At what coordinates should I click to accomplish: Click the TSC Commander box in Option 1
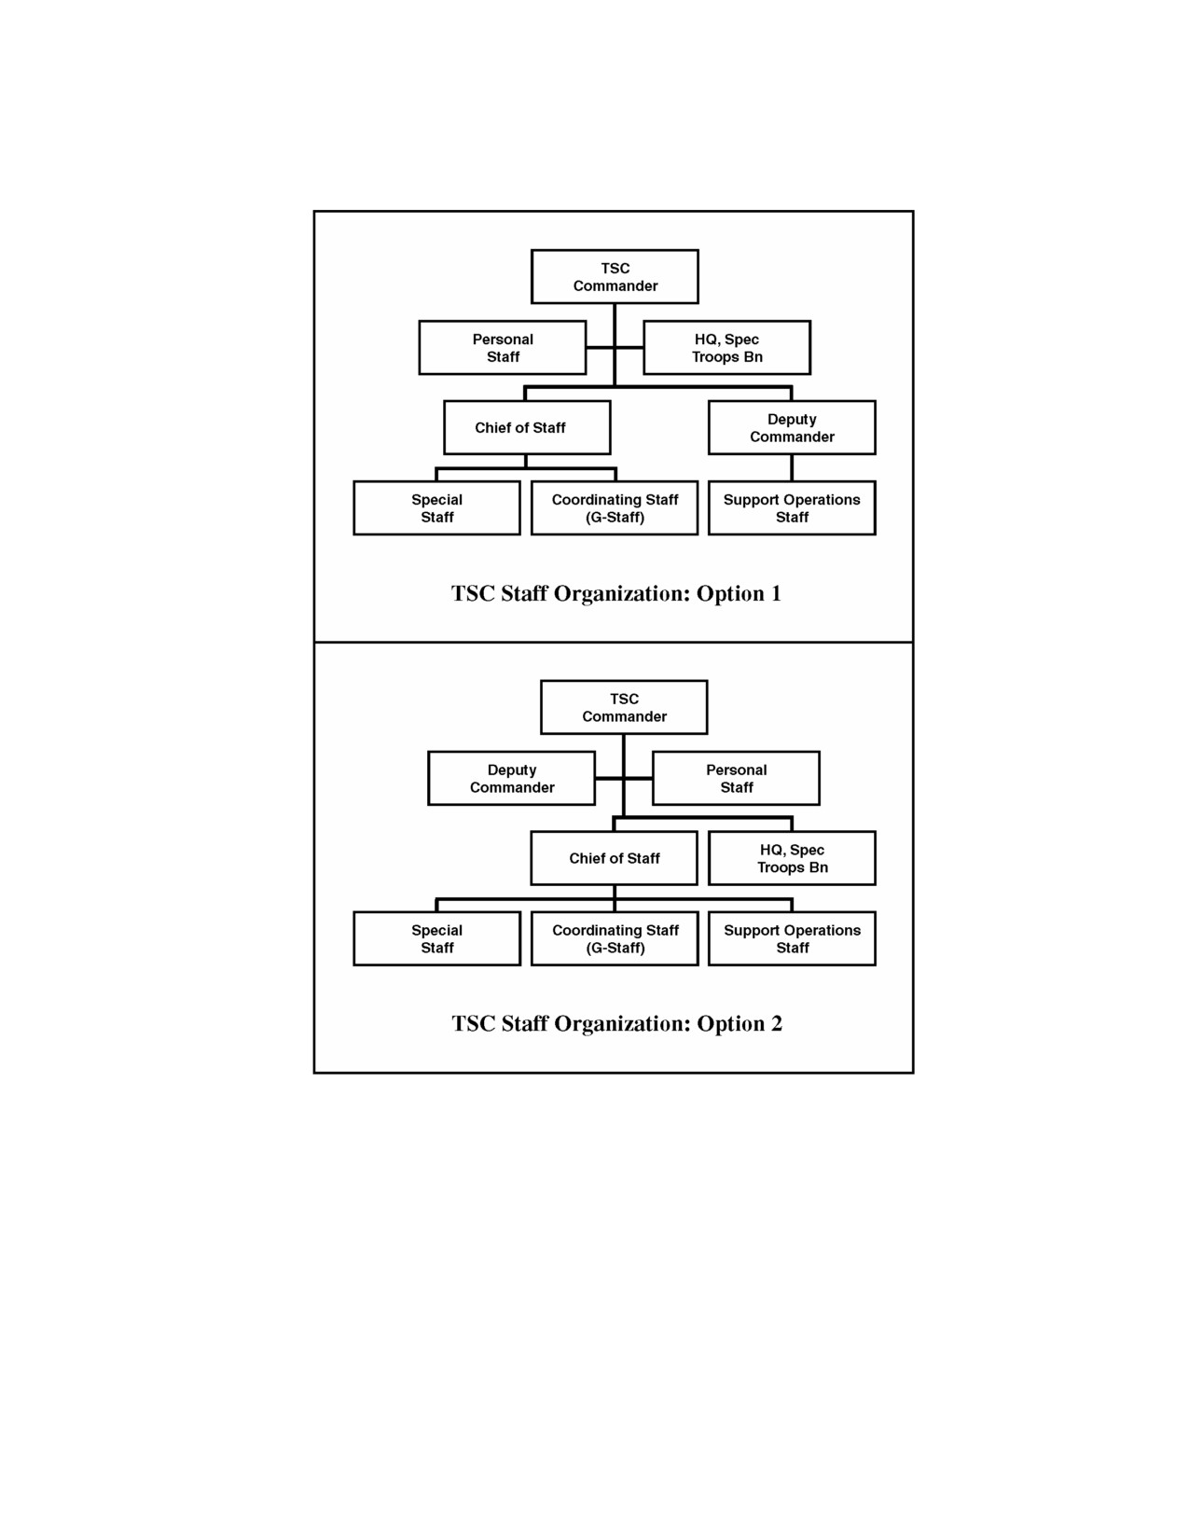coord(615,276)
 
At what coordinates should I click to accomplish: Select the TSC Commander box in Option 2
coord(624,707)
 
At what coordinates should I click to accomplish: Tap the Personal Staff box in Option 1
coord(503,347)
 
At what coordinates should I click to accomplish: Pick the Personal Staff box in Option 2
coord(736,778)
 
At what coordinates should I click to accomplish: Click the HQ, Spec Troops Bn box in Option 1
coord(727,347)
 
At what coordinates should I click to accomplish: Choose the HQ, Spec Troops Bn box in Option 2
coord(792,858)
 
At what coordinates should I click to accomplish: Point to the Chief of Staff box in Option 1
coord(528,427)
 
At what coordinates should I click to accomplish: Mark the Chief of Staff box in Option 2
coord(614,858)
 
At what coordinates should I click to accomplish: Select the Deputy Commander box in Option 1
coord(792,427)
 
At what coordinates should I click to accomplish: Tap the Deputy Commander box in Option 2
coord(511,778)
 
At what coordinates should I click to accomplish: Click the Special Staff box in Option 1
coord(437,507)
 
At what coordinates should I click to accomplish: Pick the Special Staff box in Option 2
coord(437,937)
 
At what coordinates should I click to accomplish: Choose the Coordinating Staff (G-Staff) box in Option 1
coord(615,507)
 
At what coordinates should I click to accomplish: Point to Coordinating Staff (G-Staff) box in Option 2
coord(615,937)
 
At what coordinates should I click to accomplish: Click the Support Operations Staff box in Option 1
coord(792,507)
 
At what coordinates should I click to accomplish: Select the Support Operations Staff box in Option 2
coord(792,937)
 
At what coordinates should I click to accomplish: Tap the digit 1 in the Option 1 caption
coord(776,593)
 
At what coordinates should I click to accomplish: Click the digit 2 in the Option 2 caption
coord(776,1023)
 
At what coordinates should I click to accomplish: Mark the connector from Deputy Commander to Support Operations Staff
coord(792,467)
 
